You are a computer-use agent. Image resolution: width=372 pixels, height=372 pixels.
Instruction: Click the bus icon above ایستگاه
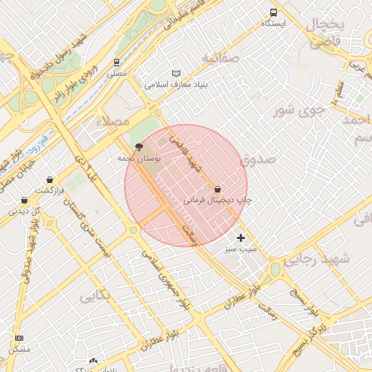274,12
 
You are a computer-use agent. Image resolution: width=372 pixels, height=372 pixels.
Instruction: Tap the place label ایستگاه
274,23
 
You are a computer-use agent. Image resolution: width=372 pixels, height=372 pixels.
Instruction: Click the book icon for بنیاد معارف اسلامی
176,73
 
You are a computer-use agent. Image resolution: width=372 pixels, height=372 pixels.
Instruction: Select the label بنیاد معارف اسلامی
177,84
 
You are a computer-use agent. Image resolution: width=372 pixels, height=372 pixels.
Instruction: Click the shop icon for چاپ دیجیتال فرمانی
218,189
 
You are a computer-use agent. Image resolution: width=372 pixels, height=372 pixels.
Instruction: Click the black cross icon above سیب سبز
241,238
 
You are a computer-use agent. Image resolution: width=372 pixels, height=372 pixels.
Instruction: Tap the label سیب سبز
241,248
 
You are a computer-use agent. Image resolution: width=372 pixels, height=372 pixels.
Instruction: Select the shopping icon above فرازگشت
49,179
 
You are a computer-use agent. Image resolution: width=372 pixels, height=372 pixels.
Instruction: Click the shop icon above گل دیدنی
25,200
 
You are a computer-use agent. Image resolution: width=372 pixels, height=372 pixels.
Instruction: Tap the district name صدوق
258,158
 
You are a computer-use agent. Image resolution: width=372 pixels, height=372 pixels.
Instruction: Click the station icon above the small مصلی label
116,62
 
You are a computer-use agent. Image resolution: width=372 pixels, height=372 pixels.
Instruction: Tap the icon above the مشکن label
19,339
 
